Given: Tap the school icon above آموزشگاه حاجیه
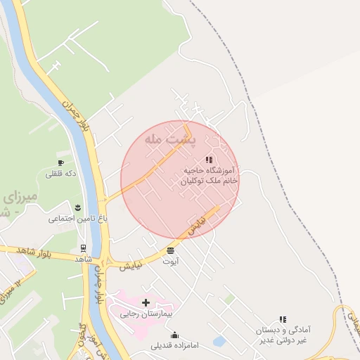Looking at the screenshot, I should tap(208, 160).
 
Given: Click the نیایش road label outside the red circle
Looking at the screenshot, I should tap(131, 265).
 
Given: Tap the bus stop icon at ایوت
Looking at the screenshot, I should tap(171, 250).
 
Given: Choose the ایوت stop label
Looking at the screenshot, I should tap(171, 261).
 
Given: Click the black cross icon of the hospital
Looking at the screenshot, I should tap(146, 303).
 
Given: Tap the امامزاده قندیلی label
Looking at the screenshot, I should tap(174, 345).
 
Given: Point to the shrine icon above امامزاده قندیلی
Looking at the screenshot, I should tap(174, 335).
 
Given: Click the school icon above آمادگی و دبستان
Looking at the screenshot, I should tap(282, 319).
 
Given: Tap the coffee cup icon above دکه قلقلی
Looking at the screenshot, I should tap(60, 162).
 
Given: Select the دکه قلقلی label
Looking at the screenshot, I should tap(60, 173).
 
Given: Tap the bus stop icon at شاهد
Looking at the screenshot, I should tap(84, 248).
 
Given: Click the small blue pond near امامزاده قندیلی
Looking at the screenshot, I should tap(219, 341).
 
